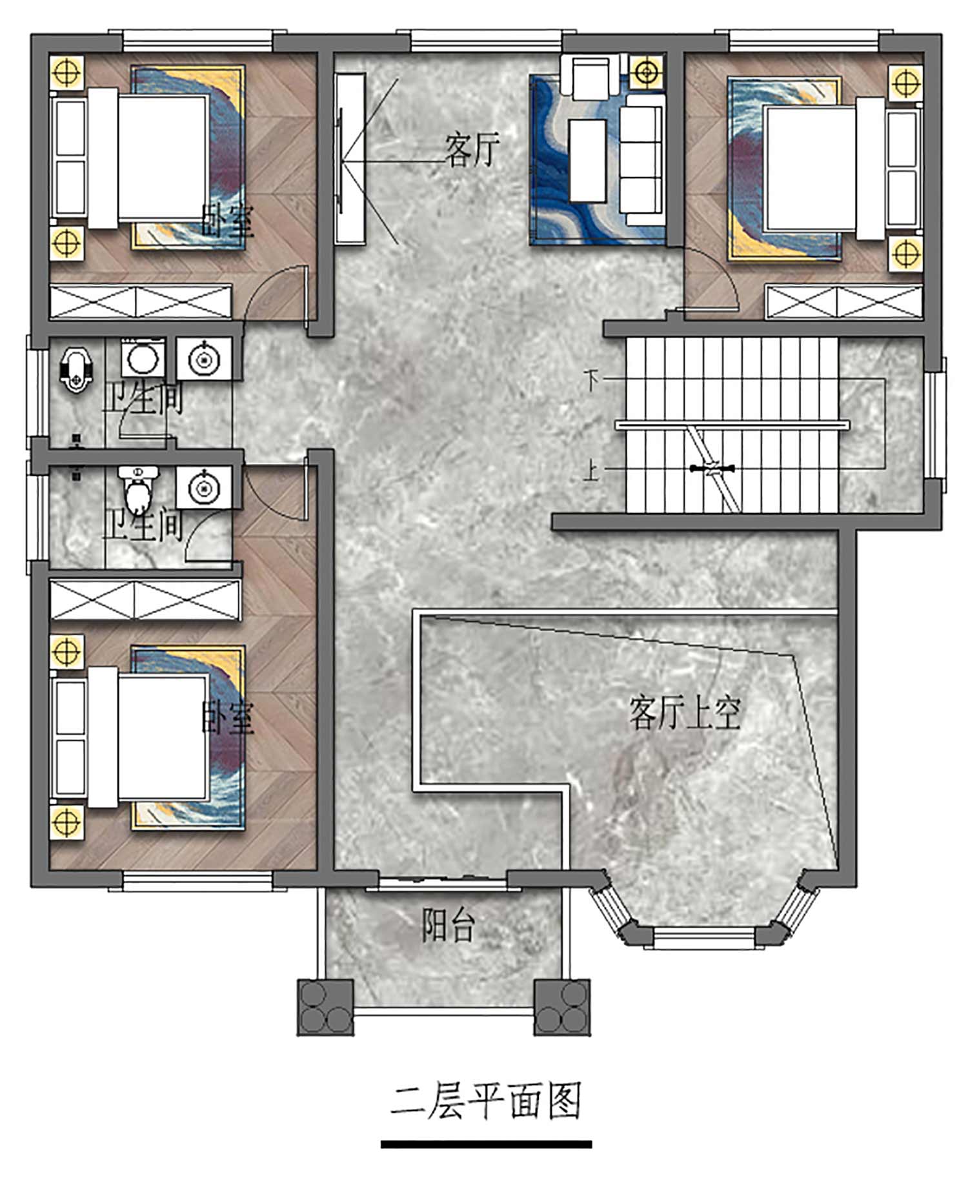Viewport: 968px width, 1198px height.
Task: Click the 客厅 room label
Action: (472, 150)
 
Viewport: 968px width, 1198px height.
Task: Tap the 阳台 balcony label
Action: (449, 925)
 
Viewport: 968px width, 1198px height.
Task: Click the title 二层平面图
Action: (486, 1101)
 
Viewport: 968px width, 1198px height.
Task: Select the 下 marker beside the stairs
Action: (591, 380)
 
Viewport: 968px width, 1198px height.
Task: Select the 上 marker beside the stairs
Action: (591, 470)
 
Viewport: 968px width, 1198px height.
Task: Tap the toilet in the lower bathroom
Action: (137, 490)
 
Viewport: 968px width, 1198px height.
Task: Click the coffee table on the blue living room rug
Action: (587, 160)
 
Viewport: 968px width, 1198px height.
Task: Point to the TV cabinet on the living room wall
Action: (350, 159)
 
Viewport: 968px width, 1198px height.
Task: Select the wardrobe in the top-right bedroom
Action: (844, 301)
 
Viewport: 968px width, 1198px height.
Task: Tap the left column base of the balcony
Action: (325, 1007)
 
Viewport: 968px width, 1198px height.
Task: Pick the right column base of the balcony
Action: (562, 1007)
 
